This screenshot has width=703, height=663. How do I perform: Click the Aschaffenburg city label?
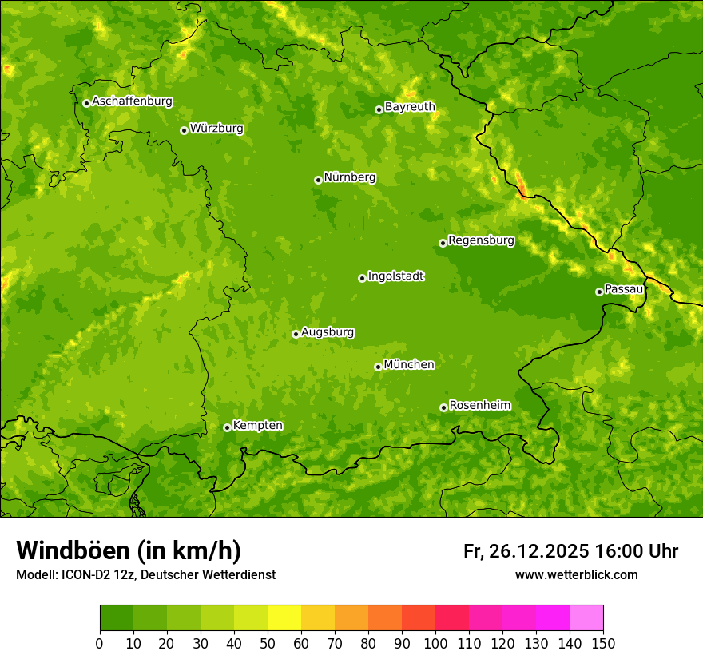coord(132,101)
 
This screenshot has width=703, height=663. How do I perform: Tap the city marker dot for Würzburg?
coord(184,130)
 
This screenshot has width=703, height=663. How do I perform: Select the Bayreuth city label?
coord(410,106)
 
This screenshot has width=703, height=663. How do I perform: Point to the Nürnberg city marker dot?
coord(318,180)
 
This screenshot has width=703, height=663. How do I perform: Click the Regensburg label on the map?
coord(481,240)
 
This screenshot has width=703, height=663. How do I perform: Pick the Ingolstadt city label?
coord(395,276)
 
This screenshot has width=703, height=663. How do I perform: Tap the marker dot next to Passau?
coord(599,292)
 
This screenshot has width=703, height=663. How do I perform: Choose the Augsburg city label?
coord(328,331)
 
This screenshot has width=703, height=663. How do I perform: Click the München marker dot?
coord(378,367)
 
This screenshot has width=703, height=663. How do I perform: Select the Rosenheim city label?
coord(479,405)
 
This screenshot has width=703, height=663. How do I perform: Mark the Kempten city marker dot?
coord(227,427)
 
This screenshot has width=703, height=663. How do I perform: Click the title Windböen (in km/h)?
coord(128,550)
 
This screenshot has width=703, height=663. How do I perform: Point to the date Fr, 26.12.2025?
coord(526,551)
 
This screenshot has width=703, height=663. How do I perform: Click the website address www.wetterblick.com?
coord(576,574)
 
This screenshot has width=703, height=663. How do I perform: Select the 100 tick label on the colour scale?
coord(435,644)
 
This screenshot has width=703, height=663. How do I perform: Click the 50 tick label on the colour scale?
coord(268,644)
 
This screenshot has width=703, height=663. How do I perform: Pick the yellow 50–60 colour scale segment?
coord(284,618)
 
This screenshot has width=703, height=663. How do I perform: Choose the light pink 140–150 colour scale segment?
coord(586,618)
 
